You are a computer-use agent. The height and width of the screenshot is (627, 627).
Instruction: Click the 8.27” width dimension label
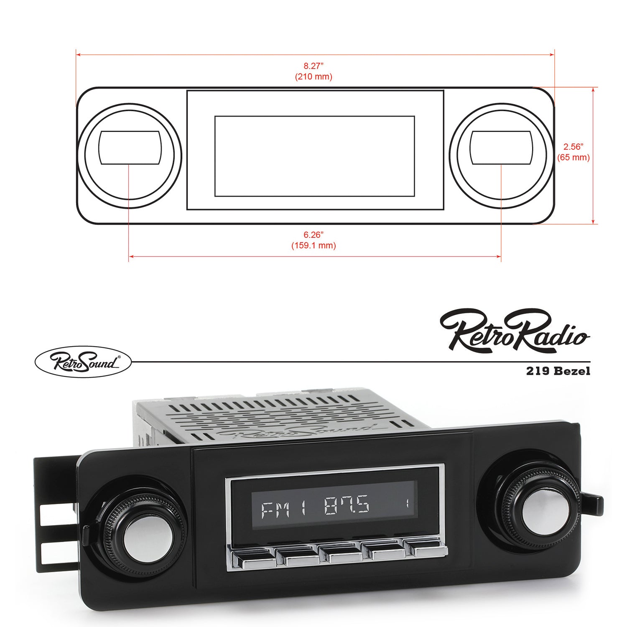pos(313,66)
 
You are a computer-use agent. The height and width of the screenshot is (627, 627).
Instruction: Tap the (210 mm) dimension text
pos(313,77)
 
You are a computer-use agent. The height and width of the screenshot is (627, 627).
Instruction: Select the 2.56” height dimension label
pos(573,147)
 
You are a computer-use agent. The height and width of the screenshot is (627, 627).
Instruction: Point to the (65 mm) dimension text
pos(573,158)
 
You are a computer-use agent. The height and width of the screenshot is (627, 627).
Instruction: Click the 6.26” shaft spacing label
pos(313,234)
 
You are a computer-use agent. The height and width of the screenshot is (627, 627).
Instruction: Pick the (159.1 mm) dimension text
pos(313,245)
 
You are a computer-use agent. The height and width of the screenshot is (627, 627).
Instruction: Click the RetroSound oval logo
pos(83,362)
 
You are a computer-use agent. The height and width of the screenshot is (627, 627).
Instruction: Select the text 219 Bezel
pos(558,371)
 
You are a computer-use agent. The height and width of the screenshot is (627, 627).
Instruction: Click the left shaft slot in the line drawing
pos(130,148)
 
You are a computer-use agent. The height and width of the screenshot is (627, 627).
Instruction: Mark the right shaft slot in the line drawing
pos(501,148)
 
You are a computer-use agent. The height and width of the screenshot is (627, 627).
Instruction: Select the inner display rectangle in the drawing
pos(314,156)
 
